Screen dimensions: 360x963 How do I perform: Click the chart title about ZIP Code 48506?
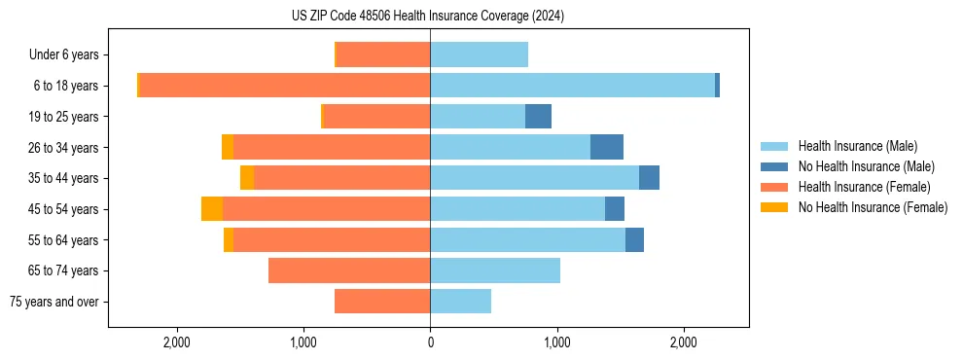(428, 17)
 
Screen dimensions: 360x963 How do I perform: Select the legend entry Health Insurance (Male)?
(856, 146)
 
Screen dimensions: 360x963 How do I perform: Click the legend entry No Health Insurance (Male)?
(866, 166)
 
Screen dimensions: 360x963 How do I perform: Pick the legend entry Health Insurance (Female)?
(861, 187)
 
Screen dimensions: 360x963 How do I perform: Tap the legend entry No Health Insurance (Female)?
(872, 207)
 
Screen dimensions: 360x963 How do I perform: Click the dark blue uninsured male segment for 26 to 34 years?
(606, 147)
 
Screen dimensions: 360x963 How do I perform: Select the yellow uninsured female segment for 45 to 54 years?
(212, 209)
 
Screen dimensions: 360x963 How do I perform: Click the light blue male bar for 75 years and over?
(460, 302)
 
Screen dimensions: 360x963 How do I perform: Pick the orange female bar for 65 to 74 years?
(349, 270)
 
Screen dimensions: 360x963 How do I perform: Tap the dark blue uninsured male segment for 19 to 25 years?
(538, 117)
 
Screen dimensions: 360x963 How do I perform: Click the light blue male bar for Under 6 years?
(479, 55)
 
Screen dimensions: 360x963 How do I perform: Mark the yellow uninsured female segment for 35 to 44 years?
(247, 178)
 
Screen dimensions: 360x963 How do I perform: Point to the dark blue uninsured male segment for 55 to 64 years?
(634, 239)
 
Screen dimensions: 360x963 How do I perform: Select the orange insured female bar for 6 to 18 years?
(285, 86)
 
